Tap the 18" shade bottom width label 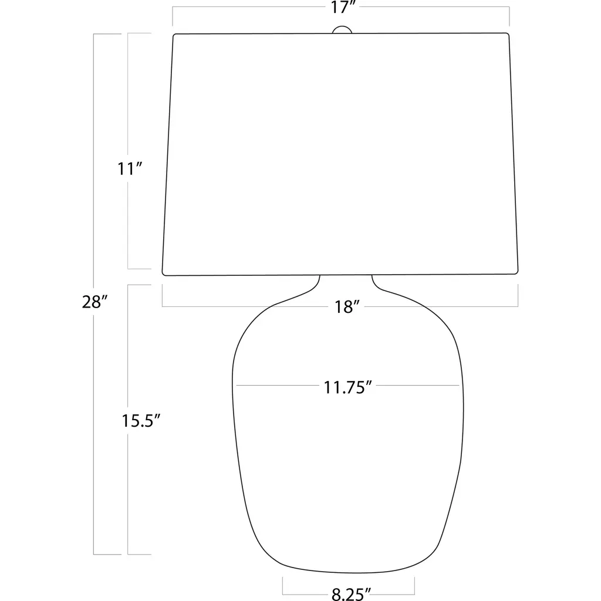click(347, 307)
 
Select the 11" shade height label click(130, 168)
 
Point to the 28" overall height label click(94, 302)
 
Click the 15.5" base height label click(140, 421)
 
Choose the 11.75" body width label click(347, 387)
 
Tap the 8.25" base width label click(351, 594)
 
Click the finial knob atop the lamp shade click(342, 29)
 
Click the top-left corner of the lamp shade click(174, 35)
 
